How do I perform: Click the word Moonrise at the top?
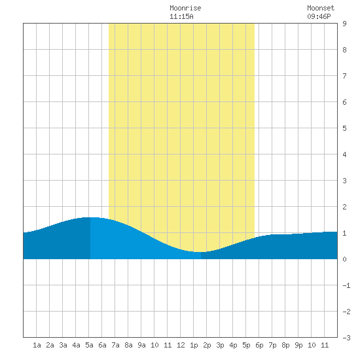click(x=185, y=8)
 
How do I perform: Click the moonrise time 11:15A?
click(x=181, y=16)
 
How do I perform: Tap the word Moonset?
click(x=321, y=8)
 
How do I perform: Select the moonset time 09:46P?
click(x=319, y=16)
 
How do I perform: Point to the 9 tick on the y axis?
click(x=344, y=24)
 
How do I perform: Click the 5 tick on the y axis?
click(x=344, y=128)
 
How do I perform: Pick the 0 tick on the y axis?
click(x=344, y=259)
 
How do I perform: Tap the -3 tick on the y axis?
click(x=346, y=338)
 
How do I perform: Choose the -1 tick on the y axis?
click(x=346, y=285)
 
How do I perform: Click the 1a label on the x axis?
click(x=37, y=345)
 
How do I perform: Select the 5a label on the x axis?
click(x=89, y=345)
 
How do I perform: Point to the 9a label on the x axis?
click(x=141, y=345)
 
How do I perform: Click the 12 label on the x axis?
click(x=181, y=345)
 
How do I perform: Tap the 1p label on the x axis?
click(x=194, y=345)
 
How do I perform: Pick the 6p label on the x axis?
click(x=259, y=345)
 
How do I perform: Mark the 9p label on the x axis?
click(x=298, y=345)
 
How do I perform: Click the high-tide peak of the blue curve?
click(x=90, y=217)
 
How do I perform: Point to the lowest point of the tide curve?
click(x=201, y=252)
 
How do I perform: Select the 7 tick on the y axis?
click(x=344, y=76)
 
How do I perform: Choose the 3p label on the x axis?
click(x=220, y=345)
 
